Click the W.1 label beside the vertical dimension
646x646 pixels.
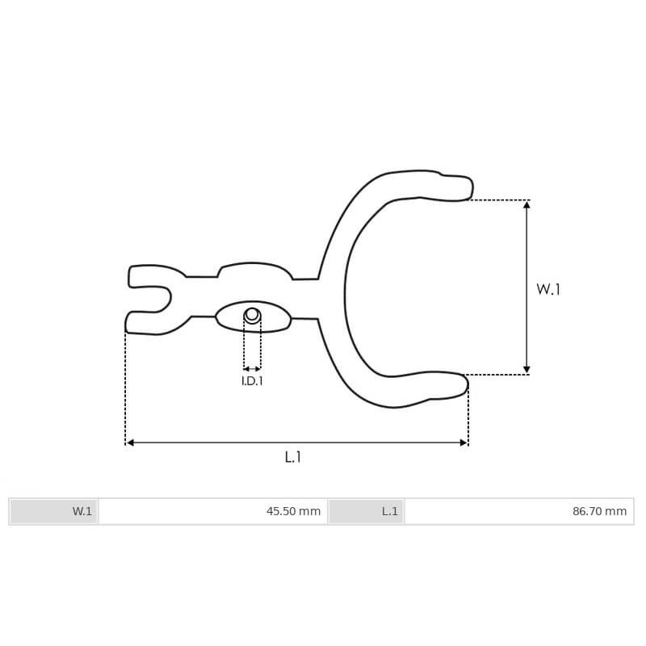tap(548, 289)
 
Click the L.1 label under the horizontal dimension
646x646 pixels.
tap(292, 457)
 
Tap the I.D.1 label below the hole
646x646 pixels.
tap(253, 381)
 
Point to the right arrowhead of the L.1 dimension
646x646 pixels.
tap(464, 443)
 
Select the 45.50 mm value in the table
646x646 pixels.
tap(293, 511)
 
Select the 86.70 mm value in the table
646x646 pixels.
tap(599, 511)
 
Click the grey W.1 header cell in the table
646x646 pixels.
tap(54, 511)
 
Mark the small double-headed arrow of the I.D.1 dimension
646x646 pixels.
tap(253, 369)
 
